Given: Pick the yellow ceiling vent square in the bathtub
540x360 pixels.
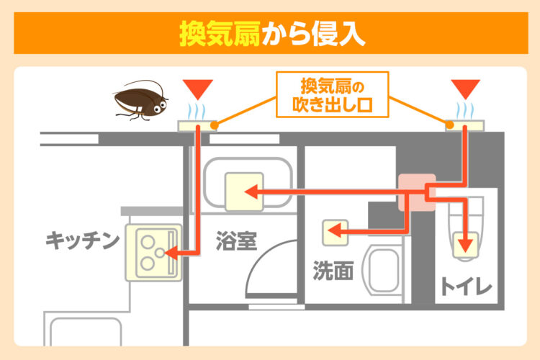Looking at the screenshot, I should [243, 192].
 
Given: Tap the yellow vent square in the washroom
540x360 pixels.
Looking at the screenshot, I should [335, 232].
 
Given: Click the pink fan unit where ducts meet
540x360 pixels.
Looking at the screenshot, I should [418, 193].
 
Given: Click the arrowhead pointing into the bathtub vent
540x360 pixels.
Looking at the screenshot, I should [250, 192].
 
